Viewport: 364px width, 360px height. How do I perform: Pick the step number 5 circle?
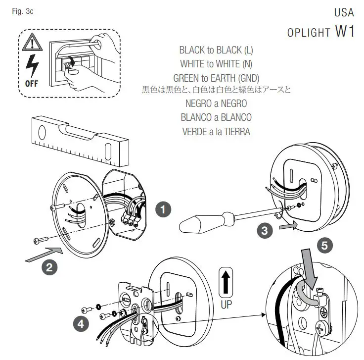tap(324, 245)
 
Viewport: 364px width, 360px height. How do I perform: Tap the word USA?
tap(344, 12)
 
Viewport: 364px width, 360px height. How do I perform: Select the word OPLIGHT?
tap(309, 33)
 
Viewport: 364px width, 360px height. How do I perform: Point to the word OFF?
tap(31, 84)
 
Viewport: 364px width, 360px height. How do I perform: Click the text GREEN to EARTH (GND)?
tap(216, 78)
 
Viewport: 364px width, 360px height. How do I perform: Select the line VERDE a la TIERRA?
tap(216, 131)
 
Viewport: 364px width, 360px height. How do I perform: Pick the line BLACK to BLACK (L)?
tap(216, 50)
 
